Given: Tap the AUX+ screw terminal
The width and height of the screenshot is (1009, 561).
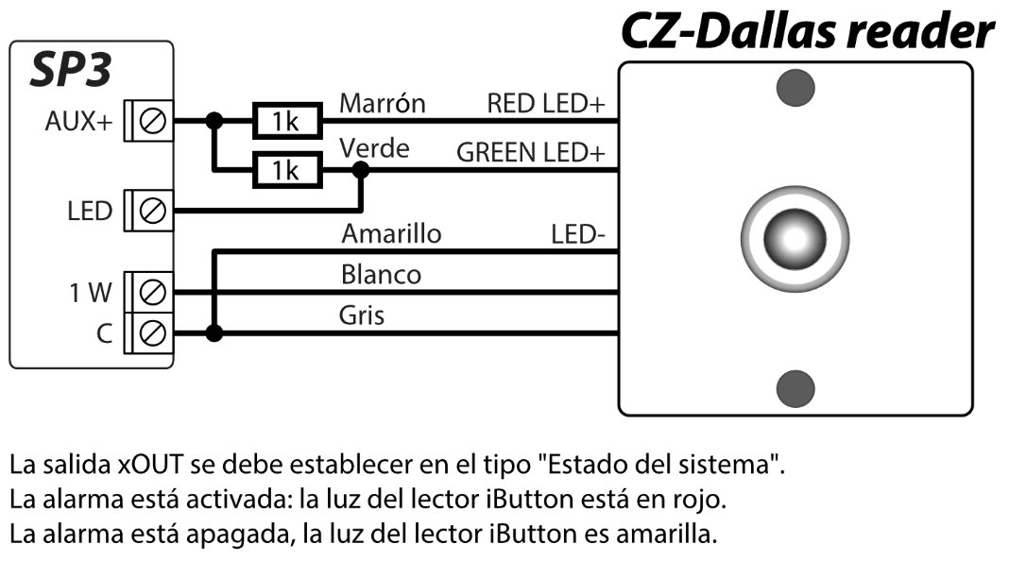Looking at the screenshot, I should (x=153, y=121).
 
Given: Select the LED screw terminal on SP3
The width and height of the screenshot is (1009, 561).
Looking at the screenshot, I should (x=153, y=209).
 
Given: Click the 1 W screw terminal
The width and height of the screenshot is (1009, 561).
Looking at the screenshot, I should (x=153, y=292).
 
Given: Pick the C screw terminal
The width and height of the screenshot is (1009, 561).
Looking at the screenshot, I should (x=153, y=331).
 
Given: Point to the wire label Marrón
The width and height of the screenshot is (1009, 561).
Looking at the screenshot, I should (x=383, y=102).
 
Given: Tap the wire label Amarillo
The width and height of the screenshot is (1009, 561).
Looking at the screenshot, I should (x=391, y=232).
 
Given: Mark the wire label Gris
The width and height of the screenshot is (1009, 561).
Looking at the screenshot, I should (x=362, y=315).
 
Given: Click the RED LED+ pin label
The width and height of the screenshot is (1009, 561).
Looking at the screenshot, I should (x=545, y=103).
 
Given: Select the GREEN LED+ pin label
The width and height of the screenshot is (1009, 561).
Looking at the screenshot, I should (x=530, y=151).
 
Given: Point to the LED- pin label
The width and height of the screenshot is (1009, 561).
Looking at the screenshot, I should (x=578, y=233).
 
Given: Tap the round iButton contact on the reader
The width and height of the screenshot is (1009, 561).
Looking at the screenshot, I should (x=795, y=234).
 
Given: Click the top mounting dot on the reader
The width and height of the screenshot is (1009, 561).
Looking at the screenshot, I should (x=795, y=88).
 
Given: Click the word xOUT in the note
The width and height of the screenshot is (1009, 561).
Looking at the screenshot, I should (x=149, y=465).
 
